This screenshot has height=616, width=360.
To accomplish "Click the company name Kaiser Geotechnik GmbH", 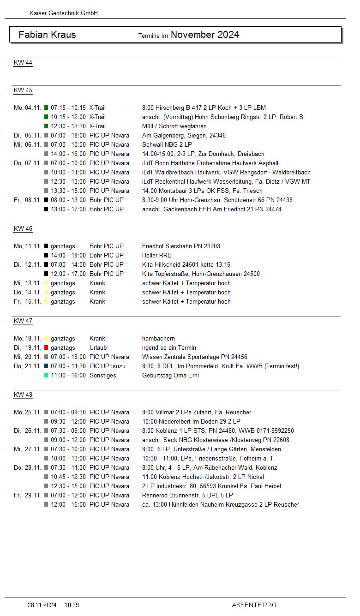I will click(64, 13).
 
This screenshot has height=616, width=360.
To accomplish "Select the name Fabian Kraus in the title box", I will click(47, 35).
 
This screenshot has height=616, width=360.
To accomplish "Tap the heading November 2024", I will click(205, 35).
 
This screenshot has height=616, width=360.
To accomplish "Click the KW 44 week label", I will click(23, 63).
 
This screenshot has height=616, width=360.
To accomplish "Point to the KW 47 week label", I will click(23, 321).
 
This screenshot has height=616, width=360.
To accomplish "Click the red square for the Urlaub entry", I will click(46, 347).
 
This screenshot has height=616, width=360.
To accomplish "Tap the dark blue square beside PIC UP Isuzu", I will click(46, 366).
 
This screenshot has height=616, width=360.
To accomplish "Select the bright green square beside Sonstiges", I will click(46, 375).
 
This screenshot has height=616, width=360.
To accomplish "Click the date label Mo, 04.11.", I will click(27, 108).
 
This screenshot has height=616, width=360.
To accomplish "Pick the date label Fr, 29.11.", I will click(27, 495).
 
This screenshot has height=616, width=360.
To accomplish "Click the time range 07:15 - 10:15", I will click(68, 108).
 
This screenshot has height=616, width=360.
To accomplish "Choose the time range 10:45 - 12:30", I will click(68, 477).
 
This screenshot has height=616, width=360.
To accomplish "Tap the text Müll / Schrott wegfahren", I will click(174, 126).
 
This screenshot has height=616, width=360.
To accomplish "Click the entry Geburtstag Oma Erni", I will click(170, 375).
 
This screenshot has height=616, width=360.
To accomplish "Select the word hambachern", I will click(158, 338).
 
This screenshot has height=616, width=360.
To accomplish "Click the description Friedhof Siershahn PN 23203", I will click(181, 246).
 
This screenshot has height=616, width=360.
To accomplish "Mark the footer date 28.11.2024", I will click(42, 605).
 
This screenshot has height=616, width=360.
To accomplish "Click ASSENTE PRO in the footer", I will click(254, 605).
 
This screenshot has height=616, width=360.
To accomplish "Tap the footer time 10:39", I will click(72, 605).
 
